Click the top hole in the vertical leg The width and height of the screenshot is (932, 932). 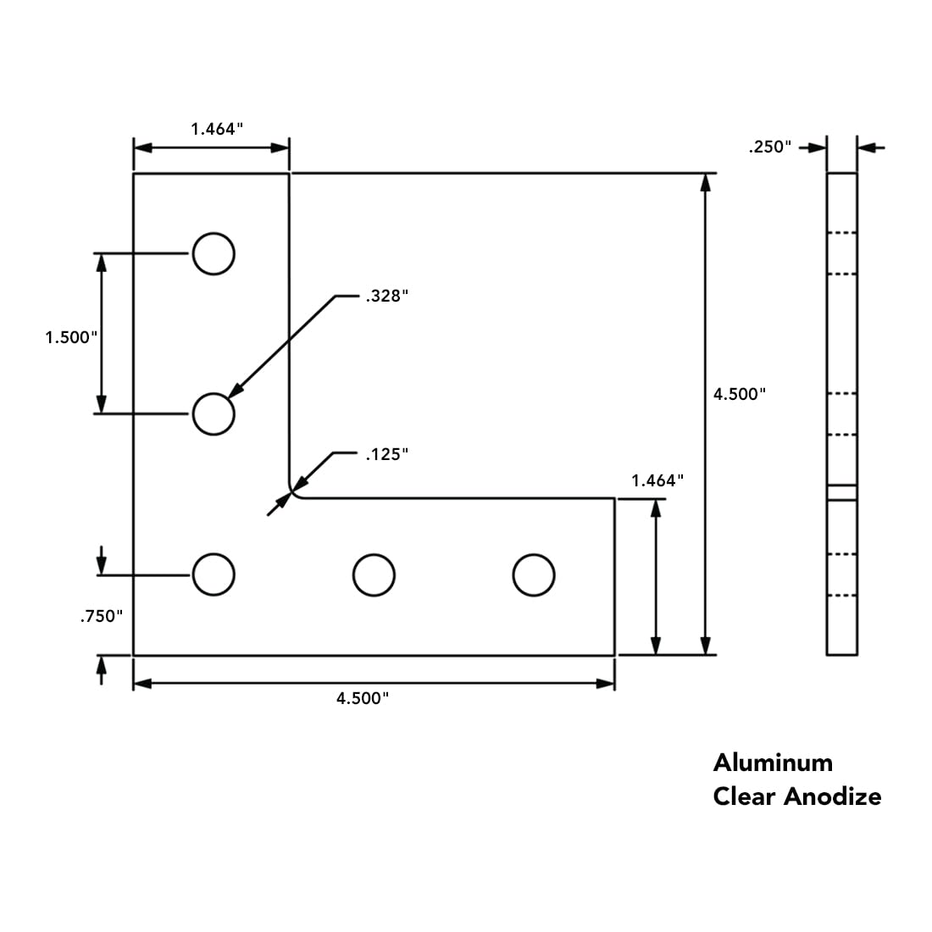pos(213,253)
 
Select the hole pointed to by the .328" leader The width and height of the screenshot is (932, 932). pos(213,414)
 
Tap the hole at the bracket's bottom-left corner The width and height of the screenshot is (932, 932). pos(213,575)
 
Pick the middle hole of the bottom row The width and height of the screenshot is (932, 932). pos(373,575)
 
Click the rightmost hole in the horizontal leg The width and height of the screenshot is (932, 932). pos(534,575)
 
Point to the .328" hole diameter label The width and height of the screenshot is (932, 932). pos(387,297)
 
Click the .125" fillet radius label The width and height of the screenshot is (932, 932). pos(387,455)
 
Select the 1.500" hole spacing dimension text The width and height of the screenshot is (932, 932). pos(72,337)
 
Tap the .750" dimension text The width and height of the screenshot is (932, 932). pos(102,617)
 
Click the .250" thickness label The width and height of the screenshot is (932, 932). pos(770,147)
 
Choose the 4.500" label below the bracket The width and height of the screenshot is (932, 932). pos(363,698)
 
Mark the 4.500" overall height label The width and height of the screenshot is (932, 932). pos(740,394)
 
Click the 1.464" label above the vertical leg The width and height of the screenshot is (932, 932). pos(217,129)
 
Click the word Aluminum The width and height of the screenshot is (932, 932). pos(773,763)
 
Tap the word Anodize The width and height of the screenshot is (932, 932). pos(833,796)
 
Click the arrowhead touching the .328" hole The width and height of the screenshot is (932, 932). pos(236,391)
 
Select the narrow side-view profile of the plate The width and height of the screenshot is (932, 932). pos(841,413)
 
